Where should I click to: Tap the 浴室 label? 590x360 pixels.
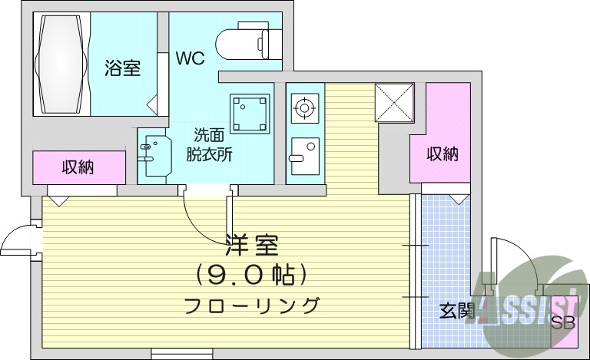122,68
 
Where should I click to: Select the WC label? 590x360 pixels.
190,58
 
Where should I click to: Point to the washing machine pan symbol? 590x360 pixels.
250,113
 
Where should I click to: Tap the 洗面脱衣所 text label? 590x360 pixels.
209,144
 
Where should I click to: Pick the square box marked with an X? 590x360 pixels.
394,102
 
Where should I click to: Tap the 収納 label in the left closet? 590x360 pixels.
78,167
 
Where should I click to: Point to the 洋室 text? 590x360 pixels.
252,244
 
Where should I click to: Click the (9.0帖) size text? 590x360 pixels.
252,273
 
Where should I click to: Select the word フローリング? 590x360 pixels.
252,305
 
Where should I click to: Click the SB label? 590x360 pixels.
563,322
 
